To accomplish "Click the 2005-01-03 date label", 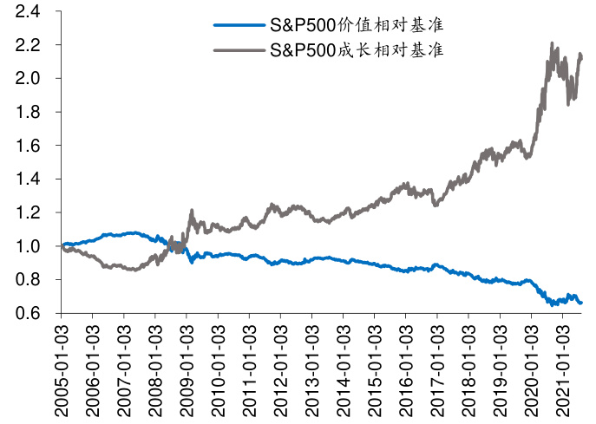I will (x=62, y=369).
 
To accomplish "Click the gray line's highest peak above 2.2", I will (x=553, y=42).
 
